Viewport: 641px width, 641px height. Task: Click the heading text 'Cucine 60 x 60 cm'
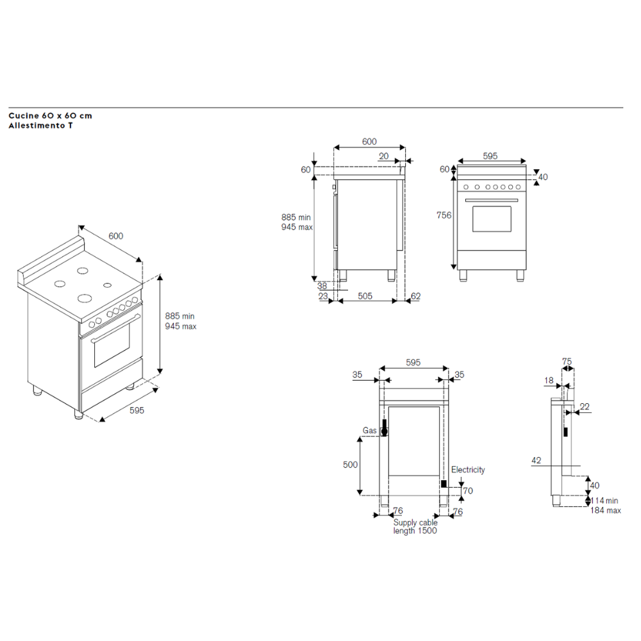(x=50, y=115)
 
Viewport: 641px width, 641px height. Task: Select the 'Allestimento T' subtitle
(x=40, y=126)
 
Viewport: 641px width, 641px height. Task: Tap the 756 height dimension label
(x=444, y=215)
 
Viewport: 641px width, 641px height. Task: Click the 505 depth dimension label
(x=365, y=296)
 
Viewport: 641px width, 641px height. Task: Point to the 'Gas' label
(x=370, y=431)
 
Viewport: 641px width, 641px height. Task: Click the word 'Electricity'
(x=468, y=470)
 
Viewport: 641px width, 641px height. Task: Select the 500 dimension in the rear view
(x=351, y=465)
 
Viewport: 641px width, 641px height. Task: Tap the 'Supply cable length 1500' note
(x=415, y=526)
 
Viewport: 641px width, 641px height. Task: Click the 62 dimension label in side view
(x=416, y=296)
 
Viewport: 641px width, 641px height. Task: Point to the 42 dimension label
(x=537, y=460)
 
